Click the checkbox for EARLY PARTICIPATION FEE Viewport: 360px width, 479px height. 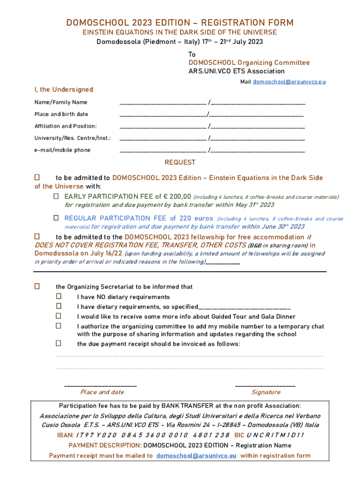click(56, 197)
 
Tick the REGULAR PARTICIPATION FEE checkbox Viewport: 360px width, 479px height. click(56, 218)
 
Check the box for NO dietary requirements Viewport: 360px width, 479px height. click(59, 297)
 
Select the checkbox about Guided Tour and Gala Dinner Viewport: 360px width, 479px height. click(59, 316)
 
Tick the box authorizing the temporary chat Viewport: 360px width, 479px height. click(59, 326)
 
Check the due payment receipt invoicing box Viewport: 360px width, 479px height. click(59, 343)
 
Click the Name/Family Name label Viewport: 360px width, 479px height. click(61, 102)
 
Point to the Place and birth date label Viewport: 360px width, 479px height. click(61, 114)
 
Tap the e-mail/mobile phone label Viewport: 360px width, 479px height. click(63, 150)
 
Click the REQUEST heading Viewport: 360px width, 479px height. click(180, 163)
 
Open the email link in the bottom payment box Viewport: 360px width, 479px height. click(196, 456)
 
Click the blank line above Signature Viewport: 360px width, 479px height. click(265, 385)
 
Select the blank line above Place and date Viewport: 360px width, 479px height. click(100, 385)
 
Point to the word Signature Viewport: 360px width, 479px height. click(266, 392)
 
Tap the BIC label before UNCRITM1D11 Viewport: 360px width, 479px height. click(239, 435)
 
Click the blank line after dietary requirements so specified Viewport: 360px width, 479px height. click(244, 308)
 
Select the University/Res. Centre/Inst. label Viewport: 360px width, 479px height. click(72, 138)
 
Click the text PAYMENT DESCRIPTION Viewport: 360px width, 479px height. click(105, 446)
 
